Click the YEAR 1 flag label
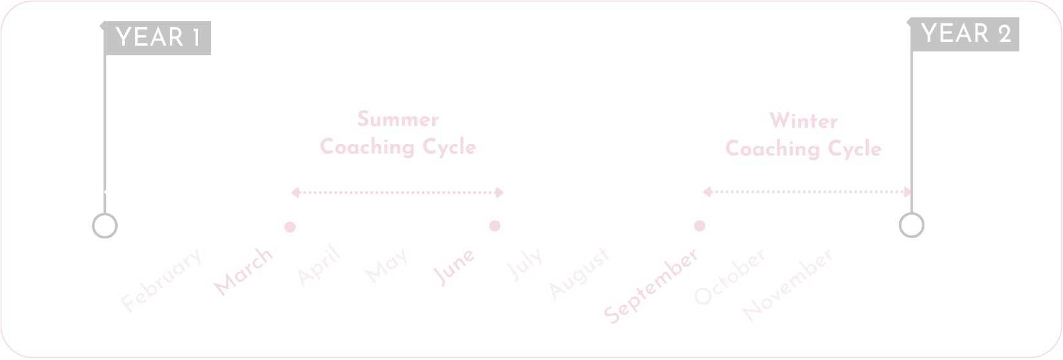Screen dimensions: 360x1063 [158, 38]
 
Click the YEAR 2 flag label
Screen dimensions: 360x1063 [965, 33]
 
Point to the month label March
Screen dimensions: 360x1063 [244, 271]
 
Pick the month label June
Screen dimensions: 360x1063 [455, 266]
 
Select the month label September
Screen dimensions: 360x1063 [651, 285]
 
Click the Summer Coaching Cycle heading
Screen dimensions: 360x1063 [398, 133]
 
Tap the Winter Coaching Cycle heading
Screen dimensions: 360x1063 [803, 135]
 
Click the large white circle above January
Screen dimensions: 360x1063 [105, 226]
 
